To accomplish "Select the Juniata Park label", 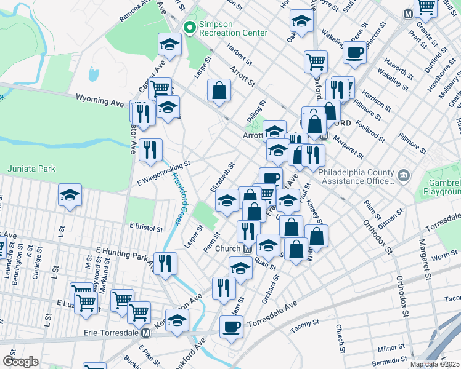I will [31, 169].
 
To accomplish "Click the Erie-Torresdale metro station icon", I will [146, 333].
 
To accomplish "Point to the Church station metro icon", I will [247, 249].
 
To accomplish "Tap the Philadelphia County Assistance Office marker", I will [404, 177].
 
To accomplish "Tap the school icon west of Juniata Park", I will [70, 196].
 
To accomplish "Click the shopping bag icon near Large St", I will [219, 90].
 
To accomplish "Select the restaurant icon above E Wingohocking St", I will [150, 149].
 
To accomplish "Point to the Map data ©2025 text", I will [434, 364].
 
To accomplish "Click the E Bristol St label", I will [146, 226].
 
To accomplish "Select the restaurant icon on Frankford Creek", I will [165, 263].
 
